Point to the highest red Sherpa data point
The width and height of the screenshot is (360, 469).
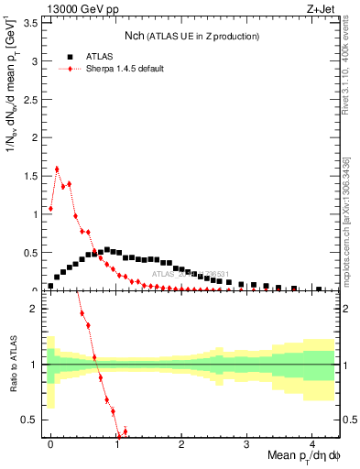click(57, 169)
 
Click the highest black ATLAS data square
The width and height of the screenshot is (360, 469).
click(107, 249)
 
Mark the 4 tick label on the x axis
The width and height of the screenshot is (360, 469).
click(312, 442)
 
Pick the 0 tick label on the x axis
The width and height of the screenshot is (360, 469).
click(50, 442)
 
